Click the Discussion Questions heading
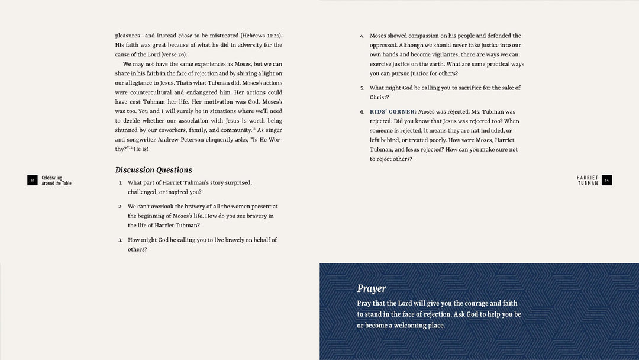click(x=153, y=170)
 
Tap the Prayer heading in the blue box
click(x=371, y=288)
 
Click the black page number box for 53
click(x=33, y=181)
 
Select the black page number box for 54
click(x=606, y=180)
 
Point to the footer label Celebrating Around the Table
click(x=56, y=181)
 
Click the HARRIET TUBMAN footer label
click(x=588, y=180)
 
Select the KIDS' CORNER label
click(x=393, y=111)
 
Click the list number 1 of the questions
click(x=120, y=183)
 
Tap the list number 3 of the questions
click(x=120, y=240)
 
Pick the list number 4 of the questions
click(x=362, y=36)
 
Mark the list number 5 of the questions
click(x=362, y=88)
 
